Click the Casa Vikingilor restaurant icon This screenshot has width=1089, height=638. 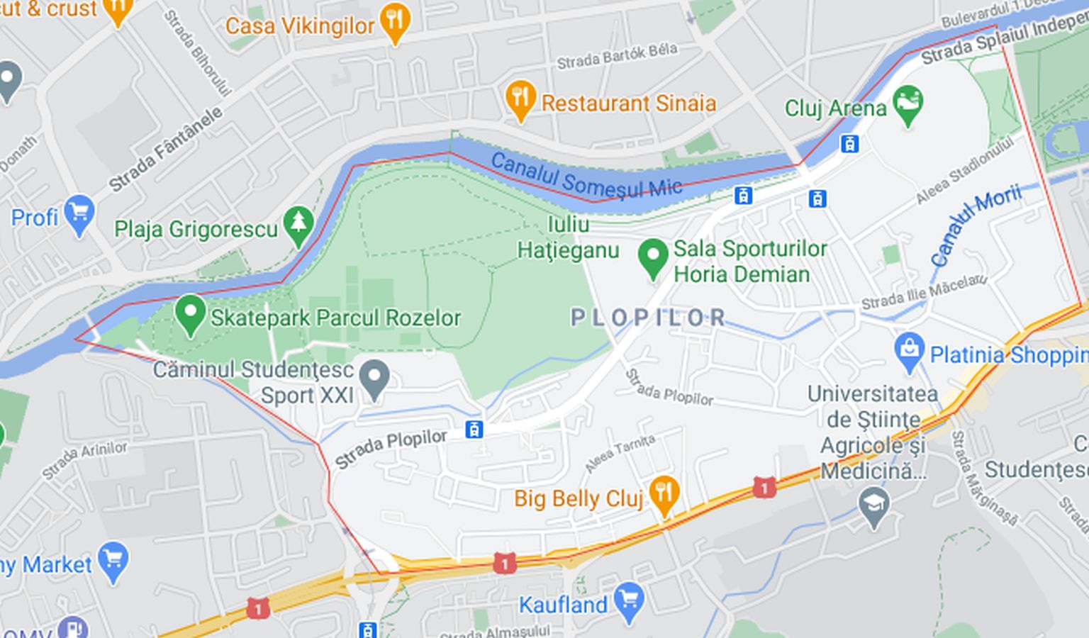[395, 21]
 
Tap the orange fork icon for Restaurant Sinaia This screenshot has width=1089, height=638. [520, 99]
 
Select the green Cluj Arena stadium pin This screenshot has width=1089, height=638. [907, 104]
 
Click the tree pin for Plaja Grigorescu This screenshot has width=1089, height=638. [298, 225]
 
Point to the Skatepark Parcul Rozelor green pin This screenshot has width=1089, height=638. [190, 313]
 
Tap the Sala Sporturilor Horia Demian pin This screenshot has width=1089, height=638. [652, 257]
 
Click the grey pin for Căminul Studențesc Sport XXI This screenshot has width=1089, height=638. [374, 378]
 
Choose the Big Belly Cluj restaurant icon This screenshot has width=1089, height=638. [664, 493]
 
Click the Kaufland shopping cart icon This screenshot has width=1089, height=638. [628, 600]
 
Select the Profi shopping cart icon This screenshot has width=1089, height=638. [79, 213]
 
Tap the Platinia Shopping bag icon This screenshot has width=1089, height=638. [909, 350]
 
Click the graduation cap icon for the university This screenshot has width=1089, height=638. [873, 505]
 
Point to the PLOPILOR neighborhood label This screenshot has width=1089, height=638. [648, 318]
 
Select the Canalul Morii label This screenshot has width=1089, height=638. [975, 225]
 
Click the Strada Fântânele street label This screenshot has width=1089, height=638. [165, 149]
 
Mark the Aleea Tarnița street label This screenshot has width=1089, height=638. [620, 454]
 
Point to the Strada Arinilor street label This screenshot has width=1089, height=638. [84, 459]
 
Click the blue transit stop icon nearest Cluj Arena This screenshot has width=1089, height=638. [849, 144]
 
